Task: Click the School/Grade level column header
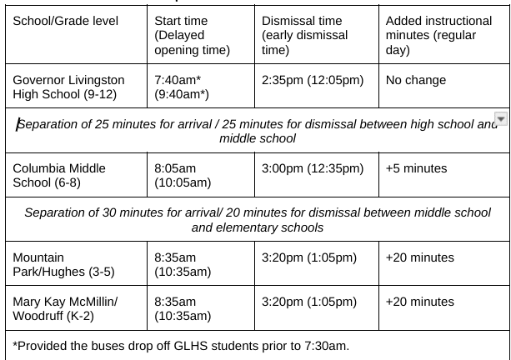pyautogui.click(x=66, y=21)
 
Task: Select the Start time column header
pyautogui.click(x=192, y=35)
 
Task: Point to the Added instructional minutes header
pyautogui.click(x=438, y=35)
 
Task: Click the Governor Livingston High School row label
pyautogui.click(x=68, y=87)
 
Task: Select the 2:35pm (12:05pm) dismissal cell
pyautogui.click(x=313, y=80)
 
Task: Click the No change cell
pyautogui.click(x=416, y=80)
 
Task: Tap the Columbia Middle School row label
pyautogui.click(x=59, y=175)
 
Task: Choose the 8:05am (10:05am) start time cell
pyautogui.click(x=183, y=175)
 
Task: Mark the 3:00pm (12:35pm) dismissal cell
pyautogui.click(x=313, y=168)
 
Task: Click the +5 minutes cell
pyautogui.click(x=416, y=168)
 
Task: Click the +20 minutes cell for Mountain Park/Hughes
pyautogui.click(x=419, y=257)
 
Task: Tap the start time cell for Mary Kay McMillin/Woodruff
pyautogui.click(x=183, y=308)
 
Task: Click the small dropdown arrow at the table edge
pyautogui.click(x=501, y=118)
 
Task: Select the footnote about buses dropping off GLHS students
pyautogui.click(x=181, y=345)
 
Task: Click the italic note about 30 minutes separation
pyautogui.click(x=257, y=220)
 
